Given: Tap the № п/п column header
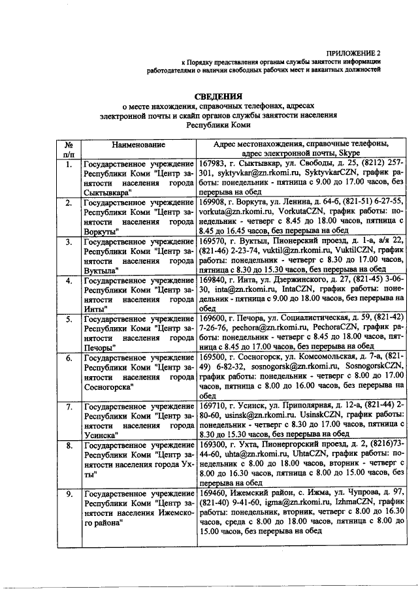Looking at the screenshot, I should (69, 149).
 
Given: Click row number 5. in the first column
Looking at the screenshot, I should (69, 319).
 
